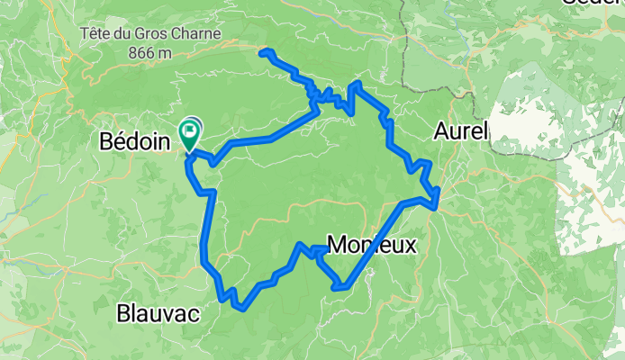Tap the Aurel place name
tap(460, 131)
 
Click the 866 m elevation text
tap(150, 52)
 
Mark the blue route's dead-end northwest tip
tap(262, 54)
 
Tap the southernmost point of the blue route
tap(240, 308)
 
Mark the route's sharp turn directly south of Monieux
tap(340, 288)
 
